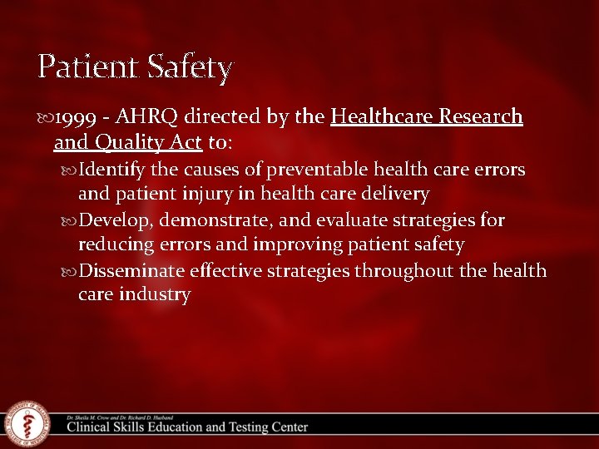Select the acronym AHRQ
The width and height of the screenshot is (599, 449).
pos(153,117)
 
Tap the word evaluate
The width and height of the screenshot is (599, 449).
pos(342,220)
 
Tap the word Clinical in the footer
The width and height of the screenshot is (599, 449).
pos(92,427)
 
